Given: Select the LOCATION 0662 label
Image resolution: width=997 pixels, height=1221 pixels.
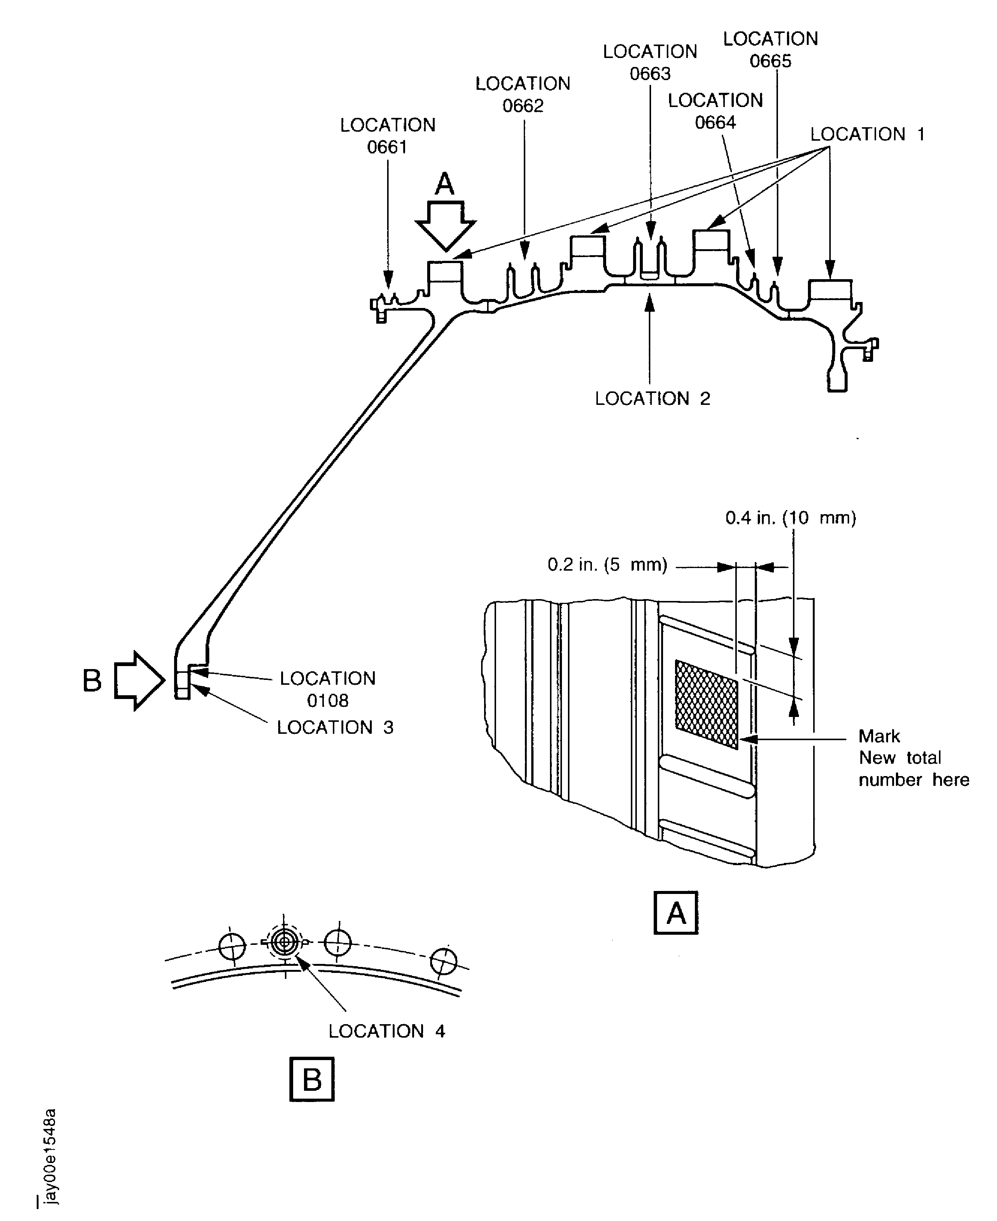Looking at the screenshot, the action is point(523,95).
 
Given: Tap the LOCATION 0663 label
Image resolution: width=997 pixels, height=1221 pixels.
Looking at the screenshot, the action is point(650,62).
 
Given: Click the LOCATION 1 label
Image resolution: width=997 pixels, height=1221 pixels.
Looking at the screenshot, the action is point(867,134).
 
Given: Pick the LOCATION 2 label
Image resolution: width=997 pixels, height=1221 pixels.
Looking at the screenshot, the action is point(653,399).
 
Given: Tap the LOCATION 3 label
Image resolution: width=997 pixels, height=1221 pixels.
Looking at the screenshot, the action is point(335,727).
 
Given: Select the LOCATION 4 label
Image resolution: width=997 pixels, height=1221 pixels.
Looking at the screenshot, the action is point(386,1031).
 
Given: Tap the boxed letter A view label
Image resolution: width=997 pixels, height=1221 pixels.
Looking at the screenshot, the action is point(676,913).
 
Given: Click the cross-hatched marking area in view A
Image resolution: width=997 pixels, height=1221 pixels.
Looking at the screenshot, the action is point(707,704).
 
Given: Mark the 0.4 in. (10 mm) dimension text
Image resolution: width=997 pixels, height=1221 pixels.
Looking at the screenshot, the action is point(791,518).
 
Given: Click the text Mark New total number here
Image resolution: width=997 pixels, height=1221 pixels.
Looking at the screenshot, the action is point(914,758).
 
